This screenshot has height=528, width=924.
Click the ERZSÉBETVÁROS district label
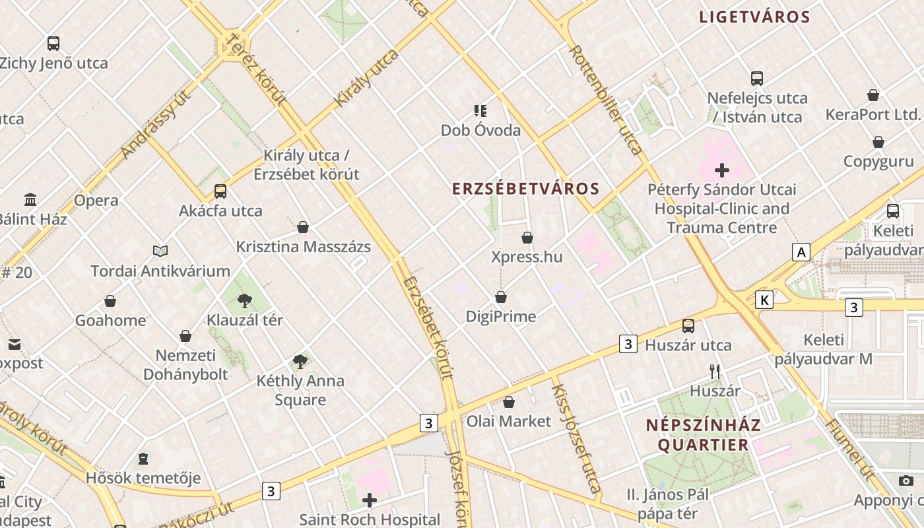point(525,189)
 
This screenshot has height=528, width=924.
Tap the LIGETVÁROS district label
point(754,17)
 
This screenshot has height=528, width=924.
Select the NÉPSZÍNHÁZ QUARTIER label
point(703,434)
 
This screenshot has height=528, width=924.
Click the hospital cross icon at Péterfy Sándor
point(722,170)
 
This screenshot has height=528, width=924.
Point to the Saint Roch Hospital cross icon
point(370,500)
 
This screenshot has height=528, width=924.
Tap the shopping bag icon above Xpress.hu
point(527,238)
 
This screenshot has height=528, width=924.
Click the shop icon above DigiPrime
point(501,298)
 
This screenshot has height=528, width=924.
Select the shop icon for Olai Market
point(509,402)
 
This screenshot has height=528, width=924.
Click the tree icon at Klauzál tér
point(245,301)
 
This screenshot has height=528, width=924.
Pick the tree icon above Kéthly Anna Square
point(300,361)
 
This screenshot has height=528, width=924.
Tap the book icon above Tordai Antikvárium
point(160,251)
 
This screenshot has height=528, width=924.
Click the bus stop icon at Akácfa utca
point(220,191)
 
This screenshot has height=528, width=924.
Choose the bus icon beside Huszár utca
point(688,325)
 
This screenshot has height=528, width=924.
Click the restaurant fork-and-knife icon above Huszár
point(715,371)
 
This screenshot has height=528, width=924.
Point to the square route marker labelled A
point(801,251)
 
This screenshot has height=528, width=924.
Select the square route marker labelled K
point(764,300)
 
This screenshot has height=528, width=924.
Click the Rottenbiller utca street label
point(605,100)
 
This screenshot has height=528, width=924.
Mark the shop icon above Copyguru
point(878,142)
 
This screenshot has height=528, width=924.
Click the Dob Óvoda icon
point(480,110)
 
